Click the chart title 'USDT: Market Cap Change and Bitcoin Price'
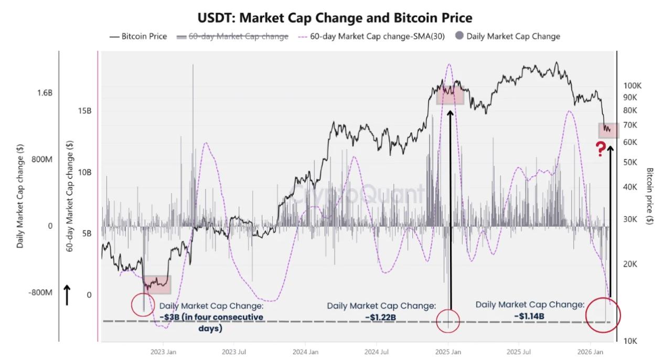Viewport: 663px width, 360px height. (x=335, y=17)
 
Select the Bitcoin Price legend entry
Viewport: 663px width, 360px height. (x=138, y=36)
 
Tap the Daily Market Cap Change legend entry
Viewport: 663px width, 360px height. (x=508, y=36)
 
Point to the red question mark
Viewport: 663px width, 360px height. (x=601, y=149)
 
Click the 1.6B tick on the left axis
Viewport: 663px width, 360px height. (x=45, y=93)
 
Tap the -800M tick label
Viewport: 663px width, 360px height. (x=40, y=292)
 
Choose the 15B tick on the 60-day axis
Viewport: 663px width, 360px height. (x=85, y=111)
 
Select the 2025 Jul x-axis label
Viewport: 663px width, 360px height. (x=520, y=352)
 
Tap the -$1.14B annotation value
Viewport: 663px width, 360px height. (x=529, y=316)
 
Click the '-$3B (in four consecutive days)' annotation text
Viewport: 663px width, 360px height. (x=211, y=322)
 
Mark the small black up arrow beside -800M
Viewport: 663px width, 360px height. (x=67, y=295)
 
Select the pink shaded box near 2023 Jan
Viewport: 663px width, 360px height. (x=157, y=284)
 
